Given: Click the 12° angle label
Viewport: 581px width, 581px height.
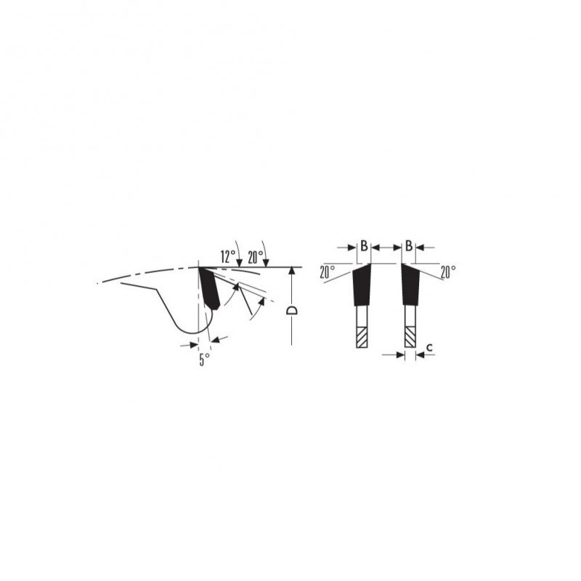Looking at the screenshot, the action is tap(228, 256).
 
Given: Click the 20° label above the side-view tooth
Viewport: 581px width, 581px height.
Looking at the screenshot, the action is tap(256, 257).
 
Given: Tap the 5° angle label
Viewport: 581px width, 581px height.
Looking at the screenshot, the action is tap(205, 359).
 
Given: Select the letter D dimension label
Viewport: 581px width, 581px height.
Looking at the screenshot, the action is tap(293, 310).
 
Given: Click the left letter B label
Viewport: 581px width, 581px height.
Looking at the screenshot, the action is tap(365, 245).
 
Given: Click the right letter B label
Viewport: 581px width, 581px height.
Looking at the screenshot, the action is tap(409, 245).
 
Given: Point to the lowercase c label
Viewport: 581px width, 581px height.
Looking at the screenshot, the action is tap(429, 347).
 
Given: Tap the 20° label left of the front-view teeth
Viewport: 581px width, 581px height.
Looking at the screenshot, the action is tap(328, 272).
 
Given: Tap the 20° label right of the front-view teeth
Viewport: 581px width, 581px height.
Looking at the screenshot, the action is tap(448, 272).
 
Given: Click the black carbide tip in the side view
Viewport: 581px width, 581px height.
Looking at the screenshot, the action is tap(210, 288).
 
